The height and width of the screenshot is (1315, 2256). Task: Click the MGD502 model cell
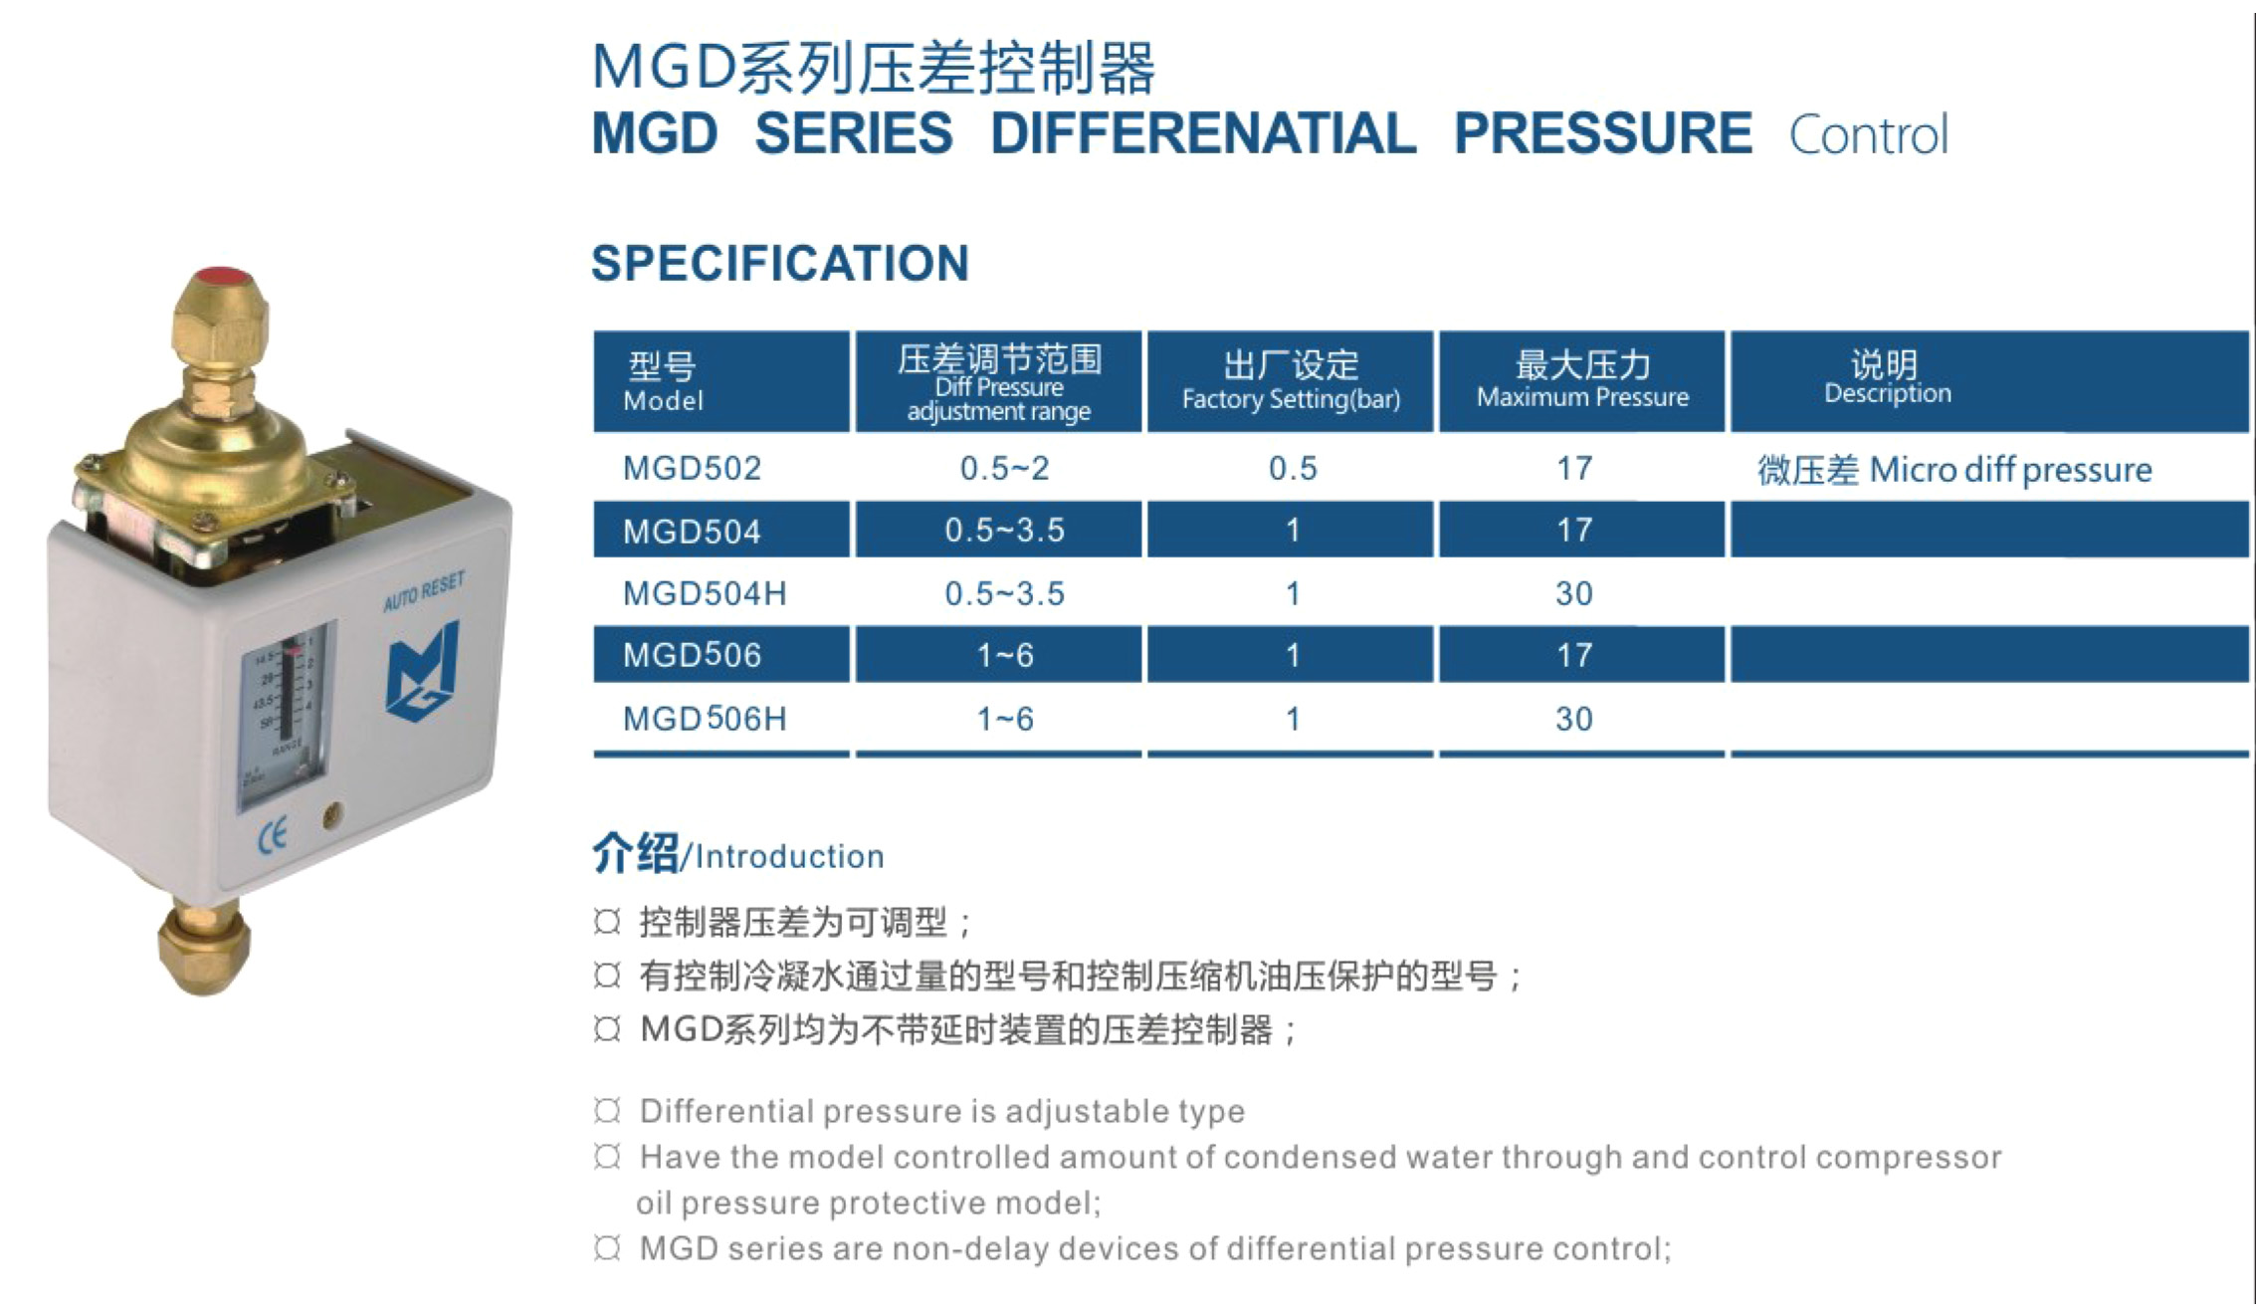pyautogui.click(x=692, y=468)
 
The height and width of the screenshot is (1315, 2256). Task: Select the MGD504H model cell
pyautogui.click(x=705, y=593)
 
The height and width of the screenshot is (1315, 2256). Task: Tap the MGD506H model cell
pyautogui.click(x=705, y=719)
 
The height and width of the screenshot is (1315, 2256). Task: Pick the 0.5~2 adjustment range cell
pyautogui.click(x=1004, y=468)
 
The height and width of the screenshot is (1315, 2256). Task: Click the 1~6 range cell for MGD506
pyautogui.click(x=1004, y=655)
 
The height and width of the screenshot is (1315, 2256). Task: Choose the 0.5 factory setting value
pyautogui.click(x=1293, y=468)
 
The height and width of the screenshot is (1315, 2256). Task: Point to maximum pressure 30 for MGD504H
pyautogui.click(x=1574, y=593)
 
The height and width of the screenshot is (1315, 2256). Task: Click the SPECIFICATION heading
pyautogui.click(x=780, y=263)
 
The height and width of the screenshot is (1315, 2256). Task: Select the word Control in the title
pyautogui.click(x=1868, y=135)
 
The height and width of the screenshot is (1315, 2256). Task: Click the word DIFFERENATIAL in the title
pyautogui.click(x=1203, y=133)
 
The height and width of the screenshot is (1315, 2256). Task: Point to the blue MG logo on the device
pyautogui.click(x=423, y=670)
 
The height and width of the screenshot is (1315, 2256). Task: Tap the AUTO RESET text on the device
pyautogui.click(x=424, y=591)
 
